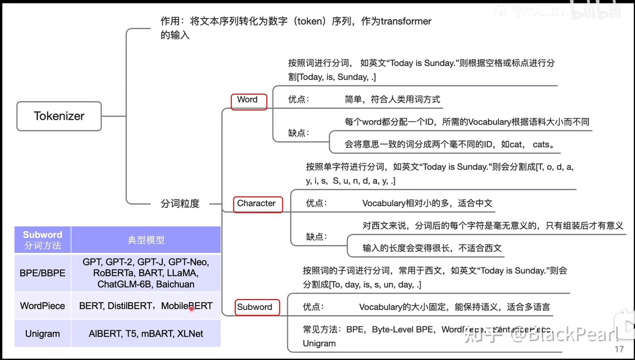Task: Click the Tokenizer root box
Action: (x=59, y=116)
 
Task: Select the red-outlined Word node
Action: (x=249, y=101)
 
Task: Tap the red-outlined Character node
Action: (x=258, y=204)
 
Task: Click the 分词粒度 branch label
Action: (x=180, y=203)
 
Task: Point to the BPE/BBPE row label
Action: (x=42, y=273)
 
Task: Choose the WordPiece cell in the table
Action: (x=42, y=306)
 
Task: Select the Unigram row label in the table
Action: (x=42, y=334)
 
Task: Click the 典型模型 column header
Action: (x=146, y=240)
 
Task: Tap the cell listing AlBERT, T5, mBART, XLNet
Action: (x=146, y=334)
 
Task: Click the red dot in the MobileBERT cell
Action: (x=191, y=309)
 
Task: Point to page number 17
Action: (x=619, y=349)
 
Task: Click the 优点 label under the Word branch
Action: (x=299, y=99)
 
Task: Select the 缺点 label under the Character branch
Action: (x=317, y=236)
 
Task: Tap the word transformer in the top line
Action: (x=406, y=21)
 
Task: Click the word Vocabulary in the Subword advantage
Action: (x=380, y=307)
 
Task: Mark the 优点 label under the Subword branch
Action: (x=313, y=307)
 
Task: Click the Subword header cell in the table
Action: (x=42, y=240)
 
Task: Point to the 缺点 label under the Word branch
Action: (x=299, y=133)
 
